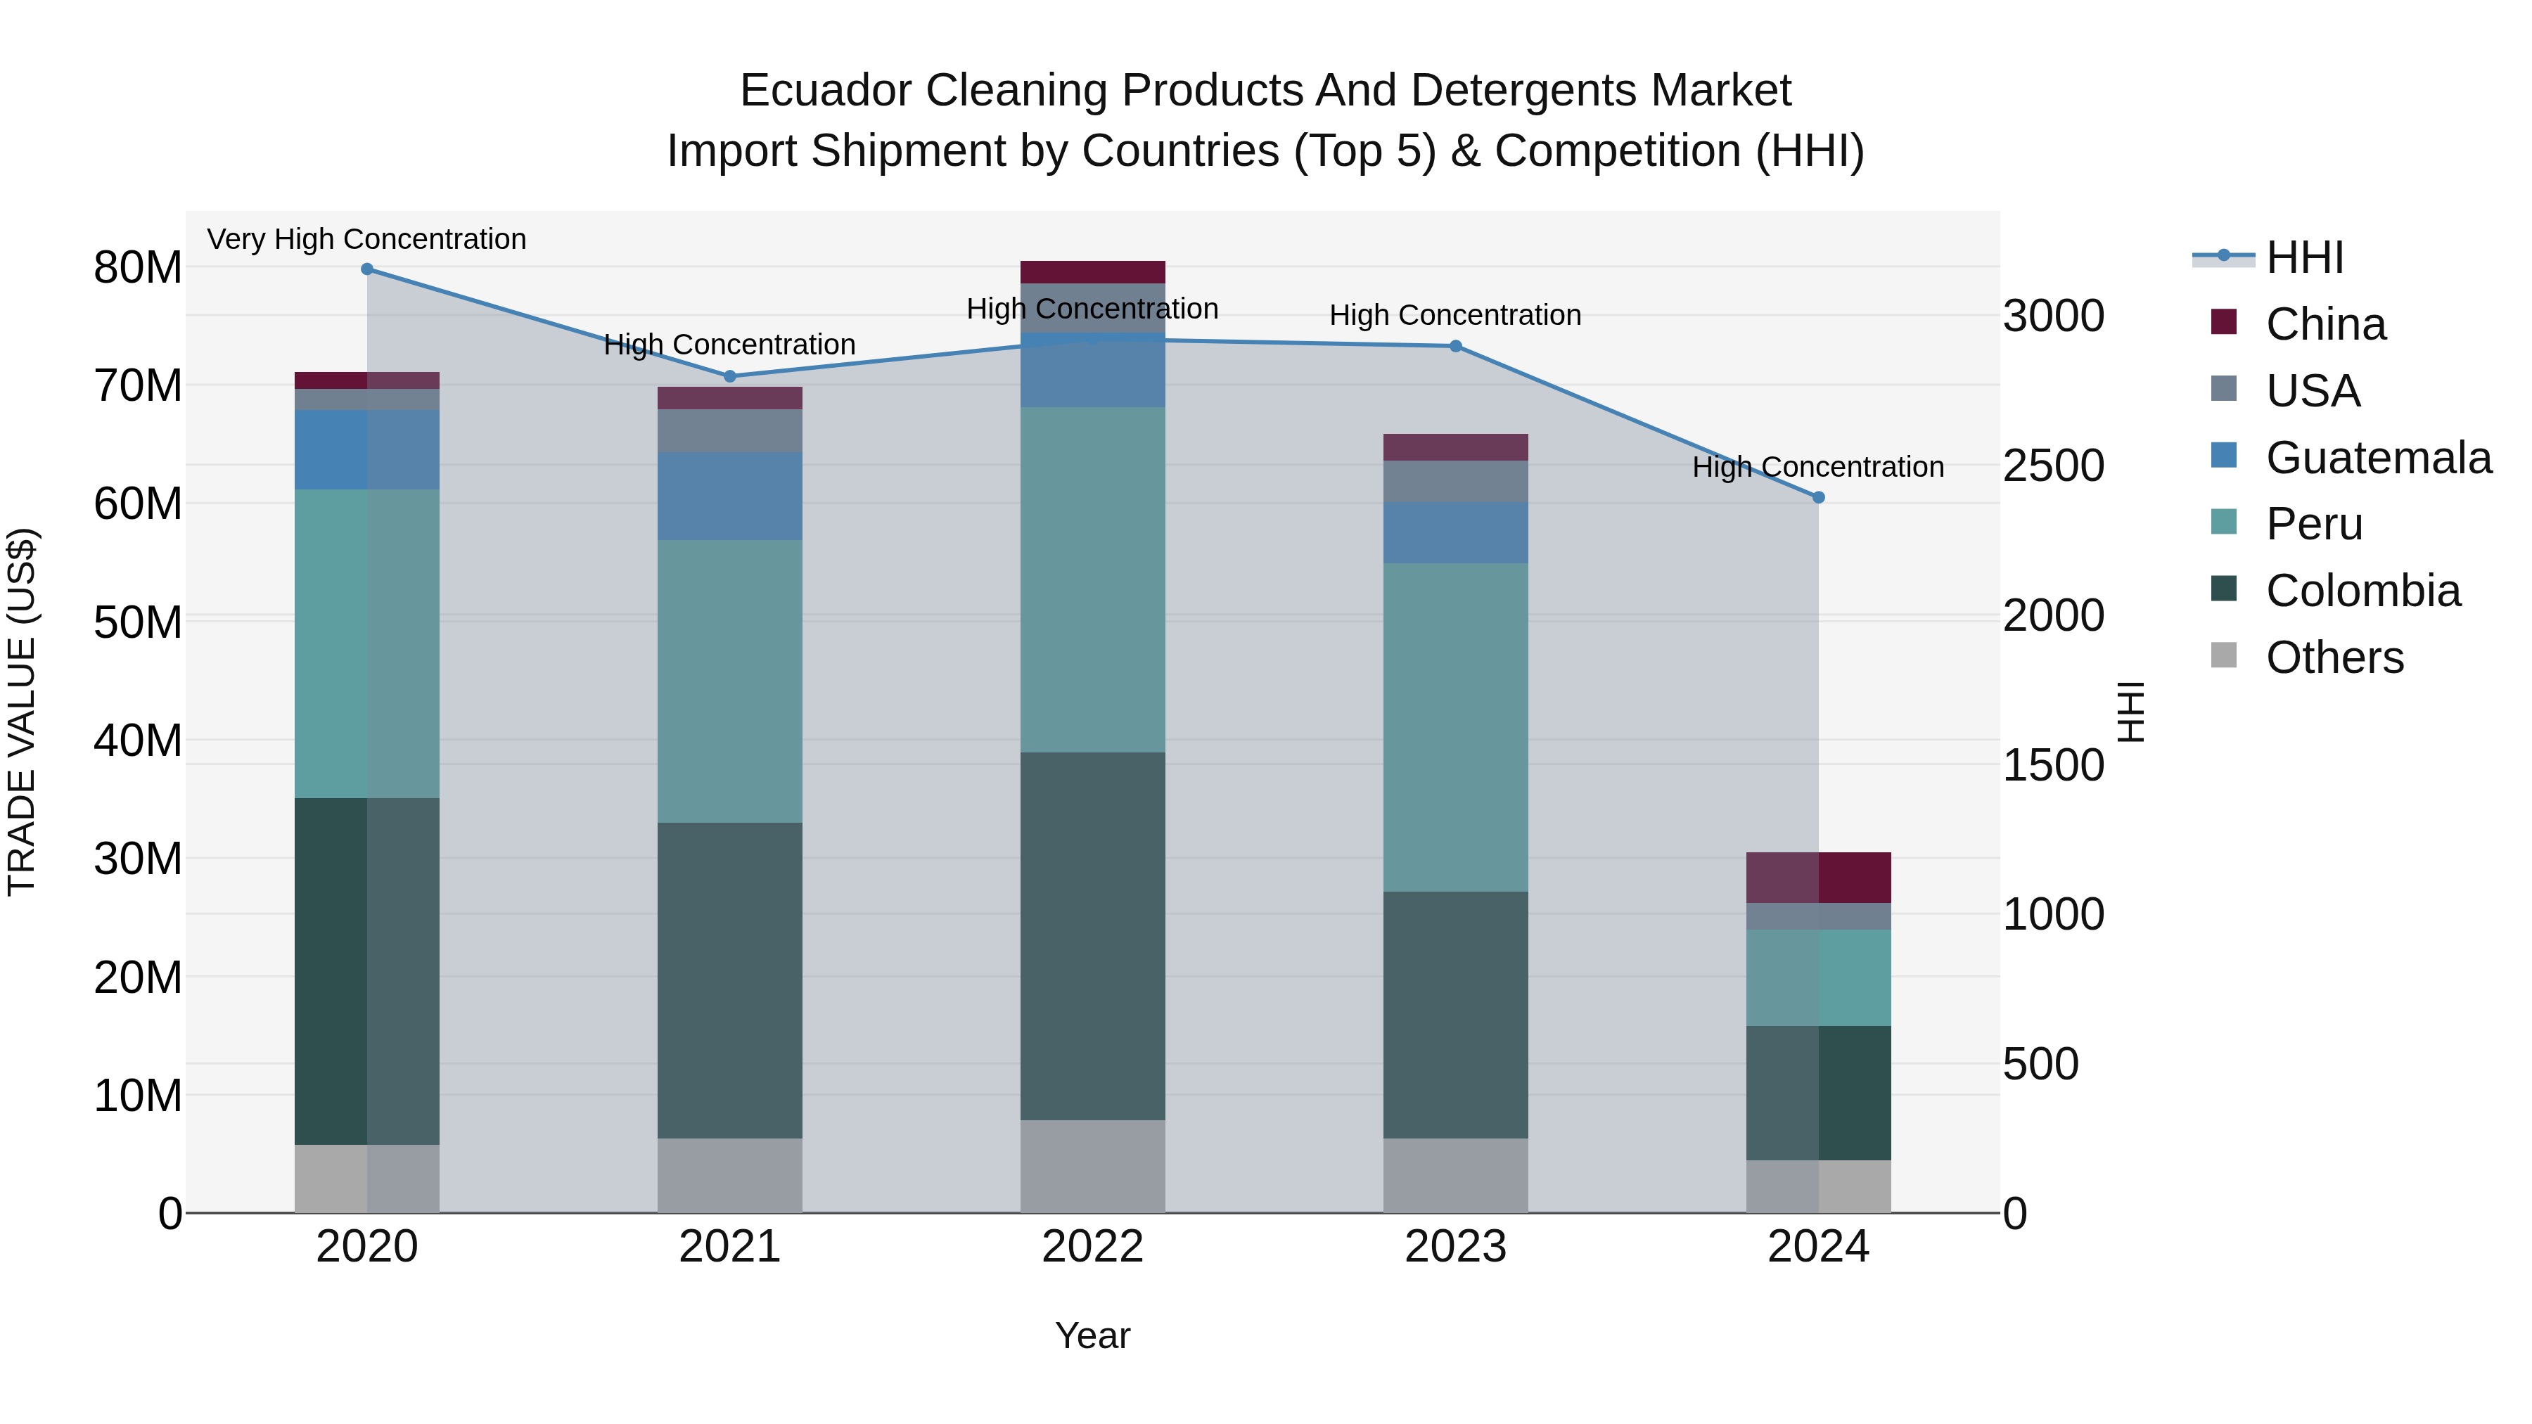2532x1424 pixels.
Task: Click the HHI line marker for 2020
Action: tap(366, 269)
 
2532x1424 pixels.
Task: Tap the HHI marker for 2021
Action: tap(729, 376)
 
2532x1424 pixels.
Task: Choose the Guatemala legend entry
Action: tap(2378, 458)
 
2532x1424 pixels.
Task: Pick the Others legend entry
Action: tap(2334, 658)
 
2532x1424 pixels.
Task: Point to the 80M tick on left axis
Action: tap(138, 267)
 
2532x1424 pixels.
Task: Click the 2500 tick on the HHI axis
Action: tap(2053, 466)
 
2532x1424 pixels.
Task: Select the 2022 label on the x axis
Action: tap(1092, 1247)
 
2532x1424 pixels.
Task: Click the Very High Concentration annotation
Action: tap(366, 240)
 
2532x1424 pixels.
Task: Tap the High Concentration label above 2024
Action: tap(1817, 468)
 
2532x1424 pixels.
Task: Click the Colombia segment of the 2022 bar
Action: tap(1092, 935)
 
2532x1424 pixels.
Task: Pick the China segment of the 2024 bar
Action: tap(1818, 878)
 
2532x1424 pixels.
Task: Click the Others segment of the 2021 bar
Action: tap(729, 1175)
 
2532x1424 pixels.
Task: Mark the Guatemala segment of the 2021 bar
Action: tap(729, 496)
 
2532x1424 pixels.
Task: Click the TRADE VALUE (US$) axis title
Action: tap(22, 712)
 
